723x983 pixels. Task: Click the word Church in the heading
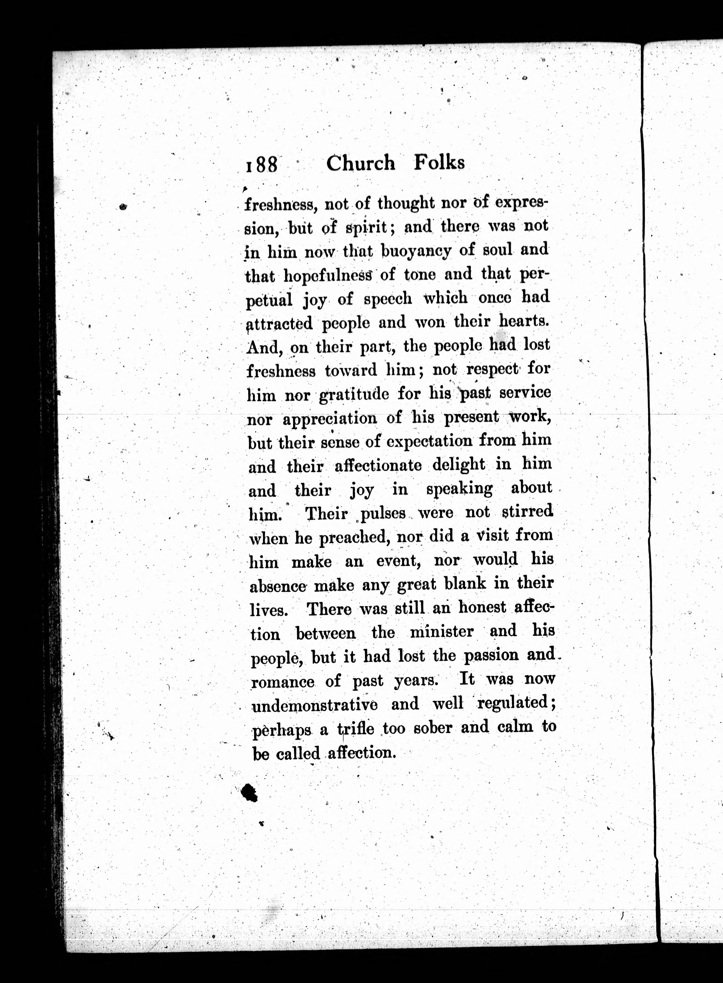coord(360,164)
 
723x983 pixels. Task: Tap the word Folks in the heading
coord(439,163)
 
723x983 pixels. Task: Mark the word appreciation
coord(329,418)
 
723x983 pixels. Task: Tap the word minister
coord(442,632)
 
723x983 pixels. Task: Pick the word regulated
coord(516,703)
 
